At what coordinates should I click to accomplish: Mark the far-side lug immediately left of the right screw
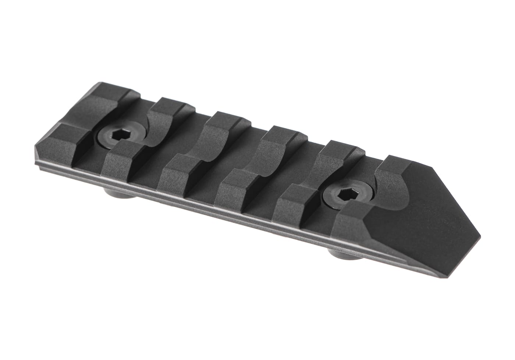342,151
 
